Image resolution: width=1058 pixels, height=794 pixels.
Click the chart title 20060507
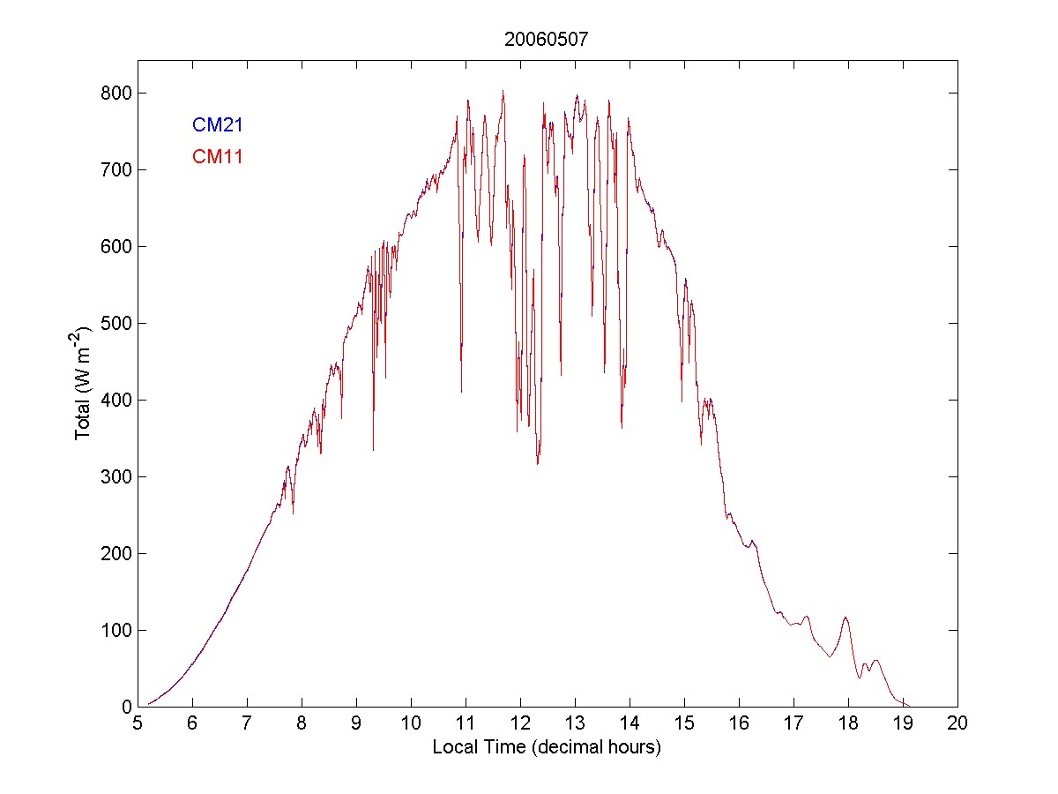coord(547,39)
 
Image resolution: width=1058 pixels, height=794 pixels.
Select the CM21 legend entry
coord(218,125)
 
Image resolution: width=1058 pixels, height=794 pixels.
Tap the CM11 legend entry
coord(218,157)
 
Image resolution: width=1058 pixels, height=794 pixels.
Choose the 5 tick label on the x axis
coord(138,723)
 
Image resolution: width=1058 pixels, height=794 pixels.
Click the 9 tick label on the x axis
coord(356,723)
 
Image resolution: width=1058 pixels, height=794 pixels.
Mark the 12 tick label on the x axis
coord(520,723)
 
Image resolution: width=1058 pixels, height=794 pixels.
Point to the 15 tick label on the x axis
coord(684,723)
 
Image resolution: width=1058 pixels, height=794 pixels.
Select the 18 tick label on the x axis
coord(848,723)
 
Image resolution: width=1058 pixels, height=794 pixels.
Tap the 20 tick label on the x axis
coord(957,723)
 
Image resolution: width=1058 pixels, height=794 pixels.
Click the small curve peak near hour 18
coord(846,618)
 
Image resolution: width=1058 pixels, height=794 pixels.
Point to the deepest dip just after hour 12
coord(537,463)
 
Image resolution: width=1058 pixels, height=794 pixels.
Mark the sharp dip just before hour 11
coord(461,391)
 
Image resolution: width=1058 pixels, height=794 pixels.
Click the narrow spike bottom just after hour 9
coord(373,450)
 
